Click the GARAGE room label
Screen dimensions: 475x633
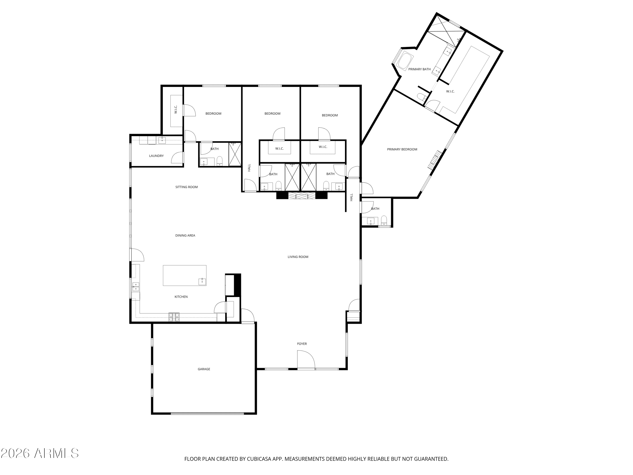point(204,369)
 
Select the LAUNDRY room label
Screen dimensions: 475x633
point(156,156)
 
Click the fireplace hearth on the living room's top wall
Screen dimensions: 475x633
point(302,196)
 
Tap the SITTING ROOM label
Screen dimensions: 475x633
point(186,187)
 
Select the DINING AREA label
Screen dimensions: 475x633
point(185,235)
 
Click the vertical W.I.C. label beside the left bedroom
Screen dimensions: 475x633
point(176,109)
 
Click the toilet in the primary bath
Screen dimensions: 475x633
point(421,97)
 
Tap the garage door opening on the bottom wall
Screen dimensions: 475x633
point(207,413)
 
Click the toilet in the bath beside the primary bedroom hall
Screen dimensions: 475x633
point(384,220)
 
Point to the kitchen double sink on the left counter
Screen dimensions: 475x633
point(136,287)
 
